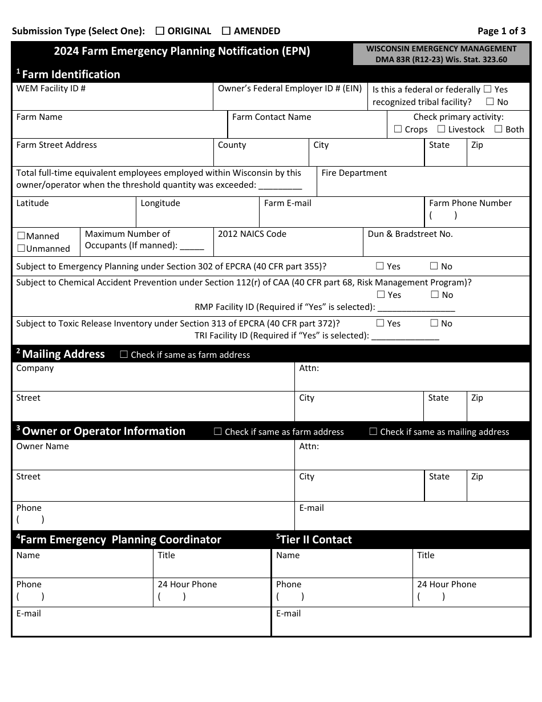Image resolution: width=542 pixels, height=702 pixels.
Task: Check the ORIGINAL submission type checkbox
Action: point(160,31)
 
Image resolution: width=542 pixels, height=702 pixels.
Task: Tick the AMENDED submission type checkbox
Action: point(226,31)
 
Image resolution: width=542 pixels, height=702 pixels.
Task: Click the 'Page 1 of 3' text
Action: point(501,31)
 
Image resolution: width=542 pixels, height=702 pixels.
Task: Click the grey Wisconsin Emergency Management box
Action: point(441,54)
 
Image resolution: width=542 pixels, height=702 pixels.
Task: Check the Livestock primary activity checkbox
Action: point(441,130)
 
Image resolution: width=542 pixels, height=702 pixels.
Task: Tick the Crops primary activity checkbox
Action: point(398,130)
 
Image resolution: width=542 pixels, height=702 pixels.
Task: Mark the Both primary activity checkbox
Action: point(498,130)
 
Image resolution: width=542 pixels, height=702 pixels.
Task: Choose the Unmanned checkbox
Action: point(21,248)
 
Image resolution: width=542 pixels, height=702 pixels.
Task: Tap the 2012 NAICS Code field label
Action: point(252,234)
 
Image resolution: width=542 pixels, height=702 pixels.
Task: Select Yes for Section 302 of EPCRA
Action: point(380,266)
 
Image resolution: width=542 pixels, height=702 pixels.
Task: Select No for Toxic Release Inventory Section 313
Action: point(434,323)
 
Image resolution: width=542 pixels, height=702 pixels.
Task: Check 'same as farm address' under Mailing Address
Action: point(124,354)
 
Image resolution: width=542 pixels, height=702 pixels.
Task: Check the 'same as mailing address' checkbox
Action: point(373,432)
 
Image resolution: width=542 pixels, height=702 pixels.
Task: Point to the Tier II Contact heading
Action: point(314,540)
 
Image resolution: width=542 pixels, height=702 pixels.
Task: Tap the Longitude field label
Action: point(160,203)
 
